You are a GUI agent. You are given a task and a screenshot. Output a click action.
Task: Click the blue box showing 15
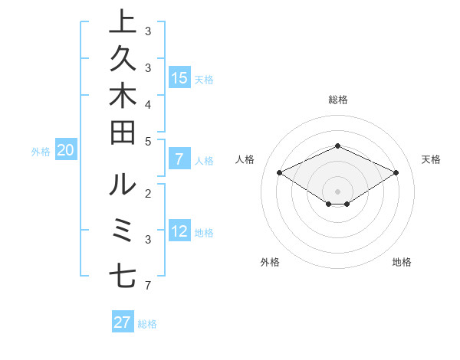[179, 77]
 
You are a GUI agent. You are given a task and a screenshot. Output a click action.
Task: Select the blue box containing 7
[179, 159]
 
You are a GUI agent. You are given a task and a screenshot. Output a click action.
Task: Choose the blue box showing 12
[179, 231]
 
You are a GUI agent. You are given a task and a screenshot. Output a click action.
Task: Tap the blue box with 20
[66, 151]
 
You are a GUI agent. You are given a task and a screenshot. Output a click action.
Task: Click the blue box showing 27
[123, 322]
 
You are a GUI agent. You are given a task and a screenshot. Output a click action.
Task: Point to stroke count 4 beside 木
[148, 103]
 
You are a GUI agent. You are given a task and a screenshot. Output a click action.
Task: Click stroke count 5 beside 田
[148, 141]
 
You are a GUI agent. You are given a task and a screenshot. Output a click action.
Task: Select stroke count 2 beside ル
[148, 191]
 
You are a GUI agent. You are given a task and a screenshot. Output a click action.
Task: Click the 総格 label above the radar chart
[337, 100]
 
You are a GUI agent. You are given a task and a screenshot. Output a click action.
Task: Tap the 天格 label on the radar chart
[431, 159]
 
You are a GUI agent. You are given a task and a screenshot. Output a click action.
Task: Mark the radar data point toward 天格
[396, 173]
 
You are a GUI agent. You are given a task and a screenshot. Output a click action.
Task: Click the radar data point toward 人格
[280, 173]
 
